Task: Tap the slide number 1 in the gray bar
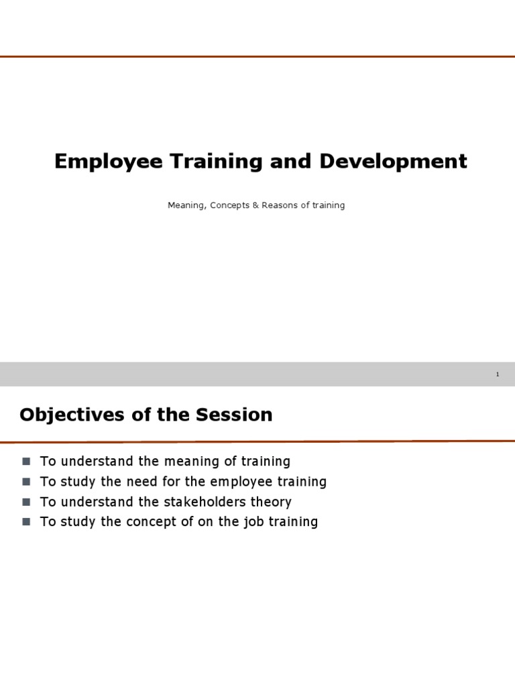(x=498, y=374)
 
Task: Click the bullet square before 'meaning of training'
(x=26, y=462)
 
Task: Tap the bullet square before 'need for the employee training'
(x=26, y=482)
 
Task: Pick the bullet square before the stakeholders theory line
(x=26, y=502)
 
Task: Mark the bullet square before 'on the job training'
(x=26, y=522)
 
